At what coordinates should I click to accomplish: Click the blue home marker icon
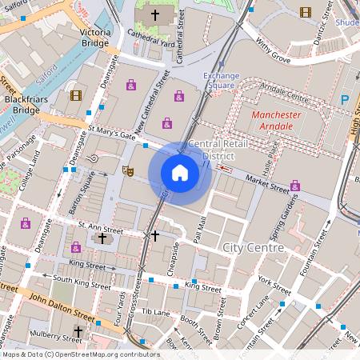click(180, 172)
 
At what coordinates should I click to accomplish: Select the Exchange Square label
click(221, 80)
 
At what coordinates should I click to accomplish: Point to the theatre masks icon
click(126, 170)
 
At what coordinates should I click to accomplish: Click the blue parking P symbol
click(346, 100)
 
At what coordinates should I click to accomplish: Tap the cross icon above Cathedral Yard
click(155, 15)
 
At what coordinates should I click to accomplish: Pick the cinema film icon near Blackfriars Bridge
click(75, 95)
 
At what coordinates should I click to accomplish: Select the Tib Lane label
click(156, 311)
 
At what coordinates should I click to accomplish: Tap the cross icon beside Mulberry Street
click(78, 330)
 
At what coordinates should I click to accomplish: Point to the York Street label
click(275, 286)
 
